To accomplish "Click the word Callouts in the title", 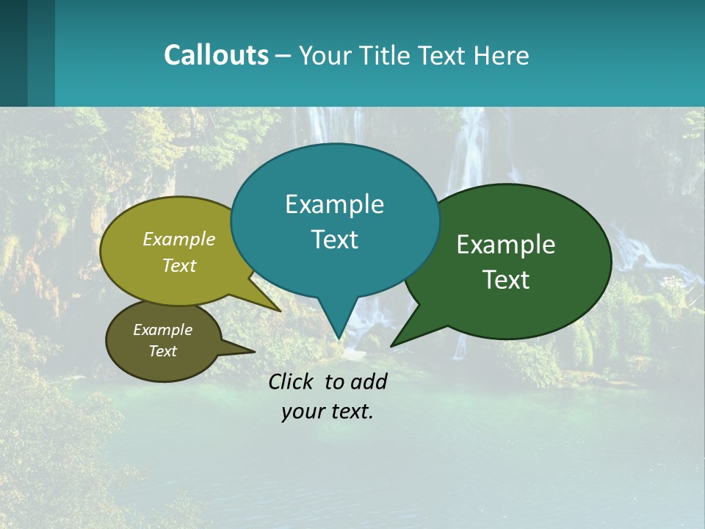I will tap(216, 55).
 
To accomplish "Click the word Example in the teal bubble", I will tap(334, 204).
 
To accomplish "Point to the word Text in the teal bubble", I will tap(335, 240).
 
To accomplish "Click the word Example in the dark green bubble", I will tap(506, 245).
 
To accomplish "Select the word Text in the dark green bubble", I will tap(507, 280).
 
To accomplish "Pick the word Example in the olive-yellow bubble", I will tap(179, 239).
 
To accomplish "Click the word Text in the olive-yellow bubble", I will tap(179, 265).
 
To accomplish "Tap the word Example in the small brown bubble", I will tap(162, 330).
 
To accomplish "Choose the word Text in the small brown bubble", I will tap(162, 351).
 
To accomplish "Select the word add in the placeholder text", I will tap(368, 381).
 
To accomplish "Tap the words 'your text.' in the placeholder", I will tap(327, 411).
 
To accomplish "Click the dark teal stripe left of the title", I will tap(14, 53).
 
